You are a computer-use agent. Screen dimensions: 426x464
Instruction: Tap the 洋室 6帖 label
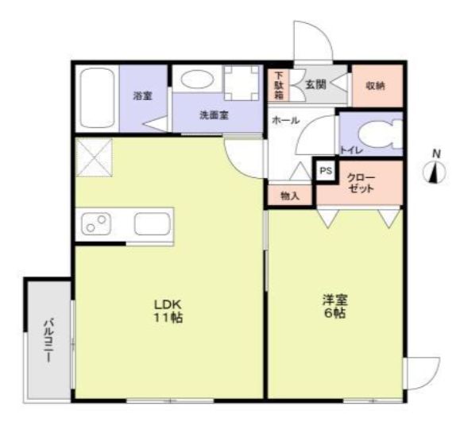334,306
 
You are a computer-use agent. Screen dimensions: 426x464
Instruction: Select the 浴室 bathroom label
143,95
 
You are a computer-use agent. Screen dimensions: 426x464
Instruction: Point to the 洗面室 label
214,114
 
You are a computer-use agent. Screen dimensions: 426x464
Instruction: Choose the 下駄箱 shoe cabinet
279,84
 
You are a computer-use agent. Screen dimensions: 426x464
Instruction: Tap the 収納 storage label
376,85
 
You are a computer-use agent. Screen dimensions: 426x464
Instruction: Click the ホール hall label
285,120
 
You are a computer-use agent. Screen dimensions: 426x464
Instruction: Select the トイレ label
349,149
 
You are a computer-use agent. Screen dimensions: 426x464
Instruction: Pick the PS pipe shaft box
325,170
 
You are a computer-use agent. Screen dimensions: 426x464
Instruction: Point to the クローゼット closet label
362,185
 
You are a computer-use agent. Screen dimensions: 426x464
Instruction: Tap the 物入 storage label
290,196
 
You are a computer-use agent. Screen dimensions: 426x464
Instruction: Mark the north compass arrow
434,171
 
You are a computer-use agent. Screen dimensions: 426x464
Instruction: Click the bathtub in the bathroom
95,98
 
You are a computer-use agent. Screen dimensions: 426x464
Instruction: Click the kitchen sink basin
151,224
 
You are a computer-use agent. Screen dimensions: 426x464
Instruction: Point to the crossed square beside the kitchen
94,157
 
